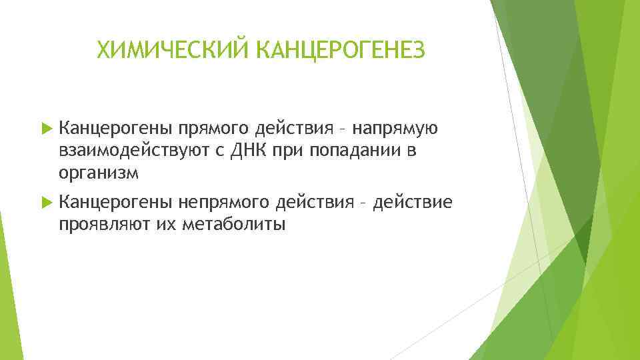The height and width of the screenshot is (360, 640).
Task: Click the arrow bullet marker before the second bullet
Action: pos(45,202)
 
